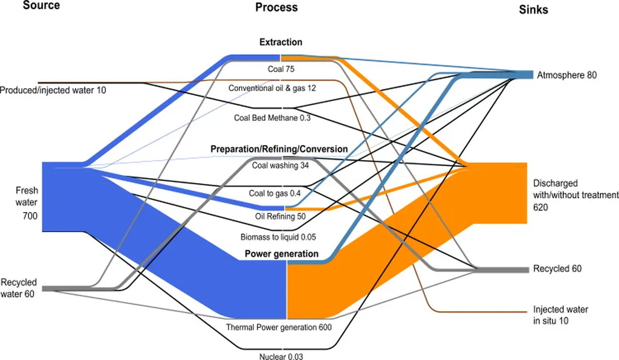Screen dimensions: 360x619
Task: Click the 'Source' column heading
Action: (x=41, y=6)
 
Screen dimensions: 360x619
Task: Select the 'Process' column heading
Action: (x=276, y=7)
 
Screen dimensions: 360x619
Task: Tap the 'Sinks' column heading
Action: (x=533, y=10)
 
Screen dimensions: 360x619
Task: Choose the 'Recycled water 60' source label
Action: (x=19, y=288)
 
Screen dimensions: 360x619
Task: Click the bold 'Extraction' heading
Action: (x=280, y=42)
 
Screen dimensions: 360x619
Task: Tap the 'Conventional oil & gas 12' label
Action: (x=272, y=88)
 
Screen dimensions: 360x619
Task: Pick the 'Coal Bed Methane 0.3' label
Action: (x=272, y=118)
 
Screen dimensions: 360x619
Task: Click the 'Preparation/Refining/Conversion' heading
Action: (x=279, y=149)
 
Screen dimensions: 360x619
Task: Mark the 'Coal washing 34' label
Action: (x=280, y=165)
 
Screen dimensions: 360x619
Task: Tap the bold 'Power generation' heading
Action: (x=281, y=254)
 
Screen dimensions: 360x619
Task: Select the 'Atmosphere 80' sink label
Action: (x=566, y=76)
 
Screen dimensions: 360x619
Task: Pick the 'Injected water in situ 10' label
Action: (x=560, y=315)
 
